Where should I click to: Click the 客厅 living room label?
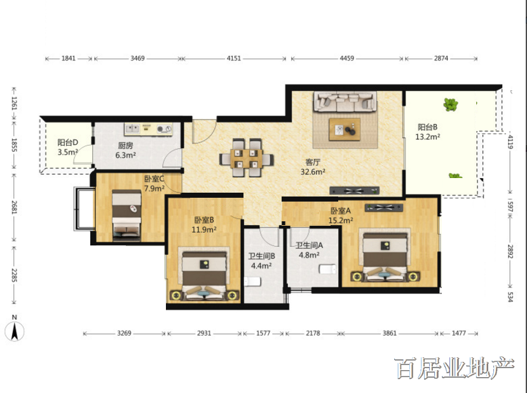pyautogui.click(x=313, y=162)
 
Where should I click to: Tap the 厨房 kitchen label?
pyautogui.click(x=125, y=146)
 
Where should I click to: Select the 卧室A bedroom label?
pyautogui.click(x=341, y=210)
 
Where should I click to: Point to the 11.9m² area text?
pyautogui.click(x=204, y=230)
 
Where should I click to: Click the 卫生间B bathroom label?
pyautogui.click(x=262, y=256)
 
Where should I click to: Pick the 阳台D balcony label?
pyautogui.click(x=68, y=142)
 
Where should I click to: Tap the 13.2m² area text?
pyautogui.click(x=428, y=137)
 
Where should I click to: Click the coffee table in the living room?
pyautogui.click(x=345, y=130)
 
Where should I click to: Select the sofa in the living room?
pyautogui.click(x=345, y=102)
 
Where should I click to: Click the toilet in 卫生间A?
pyautogui.click(x=327, y=269)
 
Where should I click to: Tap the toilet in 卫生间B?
pyautogui.click(x=252, y=281)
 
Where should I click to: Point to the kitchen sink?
pyautogui.click(x=132, y=128)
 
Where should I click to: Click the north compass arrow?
pyautogui.click(x=15, y=331)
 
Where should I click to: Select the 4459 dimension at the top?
pyautogui.click(x=347, y=58)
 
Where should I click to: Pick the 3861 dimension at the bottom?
pyautogui.click(x=390, y=333)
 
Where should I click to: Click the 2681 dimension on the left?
pyautogui.click(x=14, y=207)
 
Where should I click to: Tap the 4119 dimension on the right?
pyautogui.click(x=510, y=142)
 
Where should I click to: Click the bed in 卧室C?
pyautogui.click(x=127, y=215)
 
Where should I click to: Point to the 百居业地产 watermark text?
pyautogui.click(x=455, y=368)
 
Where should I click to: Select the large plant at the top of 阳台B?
pyautogui.click(x=450, y=104)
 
